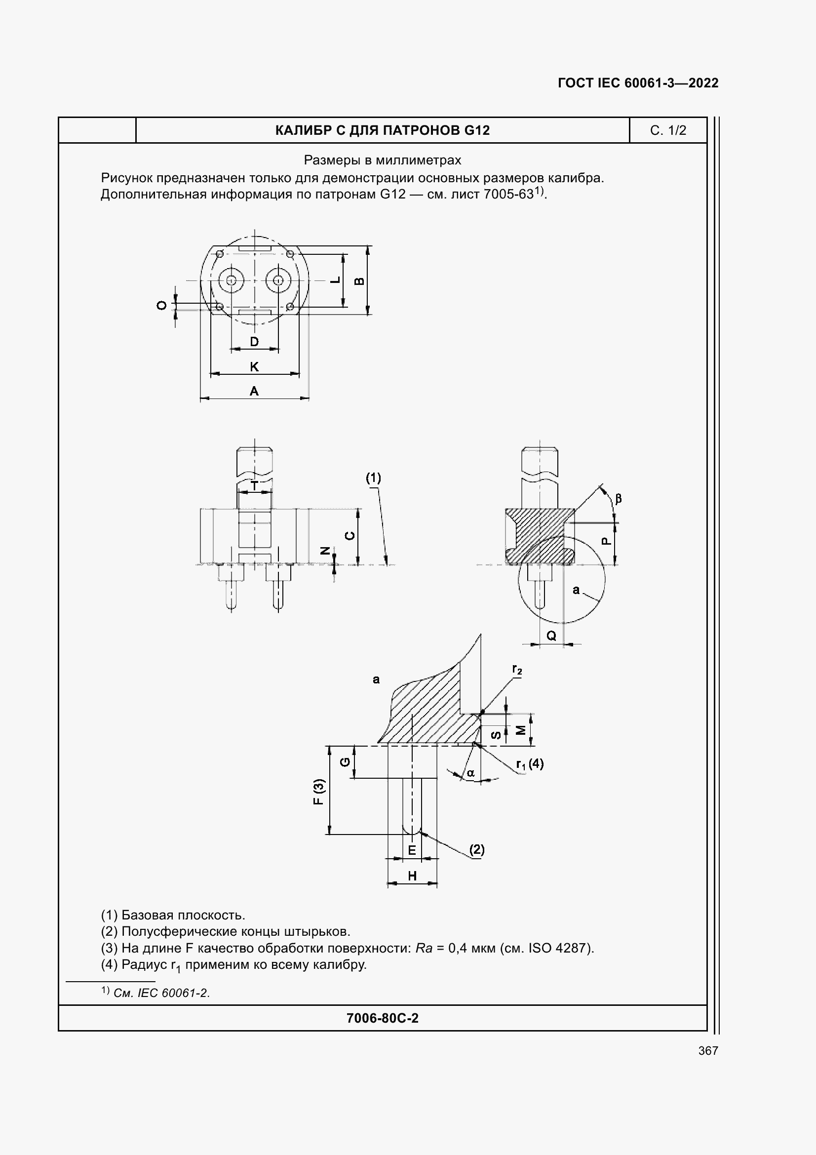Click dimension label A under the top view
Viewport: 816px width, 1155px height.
[x=254, y=391]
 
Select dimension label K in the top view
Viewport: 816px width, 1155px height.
[x=254, y=367]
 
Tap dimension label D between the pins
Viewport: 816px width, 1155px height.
[x=254, y=342]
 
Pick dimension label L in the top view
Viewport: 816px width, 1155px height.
[x=335, y=280]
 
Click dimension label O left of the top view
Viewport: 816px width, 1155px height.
[x=162, y=305]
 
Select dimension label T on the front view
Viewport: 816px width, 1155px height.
[x=254, y=486]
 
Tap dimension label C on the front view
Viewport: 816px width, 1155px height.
[x=350, y=536]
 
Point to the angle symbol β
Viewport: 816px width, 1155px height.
[x=619, y=499]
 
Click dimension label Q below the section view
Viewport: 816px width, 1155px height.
[x=551, y=636]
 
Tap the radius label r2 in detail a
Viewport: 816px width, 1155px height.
[x=517, y=669]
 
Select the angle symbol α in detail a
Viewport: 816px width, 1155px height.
[x=470, y=773]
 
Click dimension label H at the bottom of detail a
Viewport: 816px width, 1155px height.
[x=412, y=876]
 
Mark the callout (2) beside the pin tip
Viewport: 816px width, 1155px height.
[x=477, y=850]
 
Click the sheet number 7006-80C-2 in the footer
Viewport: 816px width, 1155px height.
[x=382, y=1018]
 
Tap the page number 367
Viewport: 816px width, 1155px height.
[x=708, y=1050]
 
